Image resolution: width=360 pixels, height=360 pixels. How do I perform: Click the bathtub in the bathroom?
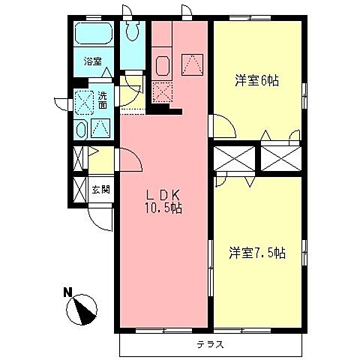pos(94,36)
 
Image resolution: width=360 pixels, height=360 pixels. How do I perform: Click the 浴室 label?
pos(93,62)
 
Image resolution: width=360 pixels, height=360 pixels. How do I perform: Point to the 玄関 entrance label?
pos(100,190)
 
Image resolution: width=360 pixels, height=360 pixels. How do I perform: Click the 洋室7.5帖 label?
pos(256,253)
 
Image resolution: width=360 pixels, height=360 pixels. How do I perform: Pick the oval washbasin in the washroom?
pos(80,128)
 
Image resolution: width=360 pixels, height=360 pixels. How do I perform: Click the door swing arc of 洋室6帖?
pos(223,125)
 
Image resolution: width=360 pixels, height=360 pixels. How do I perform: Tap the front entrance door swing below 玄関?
pos(100,217)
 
